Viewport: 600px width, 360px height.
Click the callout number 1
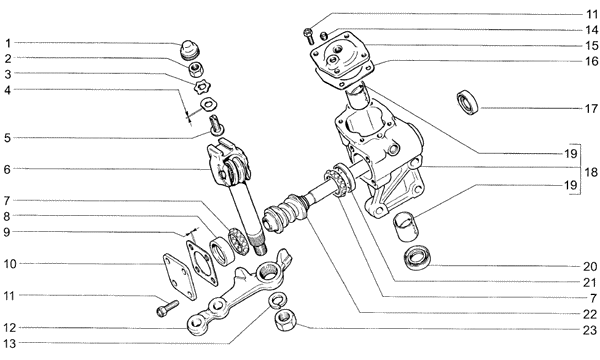click(x=8, y=43)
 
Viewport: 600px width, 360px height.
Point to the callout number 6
click(x=8, y=169)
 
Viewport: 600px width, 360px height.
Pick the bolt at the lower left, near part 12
click(x=168, y=308)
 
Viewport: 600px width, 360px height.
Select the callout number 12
click(x=10, y=328)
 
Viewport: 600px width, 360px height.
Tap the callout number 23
click(x=590, y=329)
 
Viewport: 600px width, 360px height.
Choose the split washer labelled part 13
click(x=278, y=300)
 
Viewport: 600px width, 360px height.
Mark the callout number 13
click(x=10, y=344)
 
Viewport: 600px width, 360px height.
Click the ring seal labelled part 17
click(x=468, y=102)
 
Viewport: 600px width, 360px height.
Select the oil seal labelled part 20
click(x=417, y=258)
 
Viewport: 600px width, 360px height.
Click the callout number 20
click(x=590, y=266)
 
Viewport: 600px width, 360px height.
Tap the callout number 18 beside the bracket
click(x=591, y=172)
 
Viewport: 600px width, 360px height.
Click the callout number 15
click(x=592, y=46)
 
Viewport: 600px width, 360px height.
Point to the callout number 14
click(x=592, y=29)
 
